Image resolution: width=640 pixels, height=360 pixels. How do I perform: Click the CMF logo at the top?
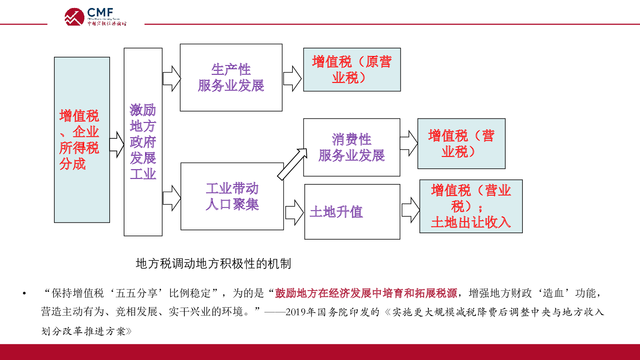(x=96, y=17)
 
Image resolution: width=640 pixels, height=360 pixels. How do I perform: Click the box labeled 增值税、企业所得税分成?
(x=82, y=140)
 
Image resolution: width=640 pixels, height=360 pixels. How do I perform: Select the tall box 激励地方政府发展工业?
(x=143, y=142)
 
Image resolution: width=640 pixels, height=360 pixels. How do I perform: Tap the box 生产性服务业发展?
(x=231, y=78)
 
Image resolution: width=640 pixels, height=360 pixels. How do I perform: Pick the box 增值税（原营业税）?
(x=352, y=70)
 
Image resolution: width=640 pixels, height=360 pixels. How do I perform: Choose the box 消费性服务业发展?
(x=352, y=148)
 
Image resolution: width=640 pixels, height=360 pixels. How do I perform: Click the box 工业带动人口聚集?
(x=232, y=196)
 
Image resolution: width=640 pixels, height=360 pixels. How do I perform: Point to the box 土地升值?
(x=352, y=212)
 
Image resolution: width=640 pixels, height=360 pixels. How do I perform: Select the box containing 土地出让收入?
(x=471, y=206)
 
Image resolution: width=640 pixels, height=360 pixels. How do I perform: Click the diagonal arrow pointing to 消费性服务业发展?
(x=292, y=164)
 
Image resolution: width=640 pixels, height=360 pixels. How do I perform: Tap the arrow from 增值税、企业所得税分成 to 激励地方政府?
(x=117, y=144)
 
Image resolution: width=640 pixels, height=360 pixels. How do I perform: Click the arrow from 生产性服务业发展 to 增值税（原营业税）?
(x=292, y=78)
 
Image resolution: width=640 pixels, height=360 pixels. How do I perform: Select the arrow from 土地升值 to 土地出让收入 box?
(x=410, y=210)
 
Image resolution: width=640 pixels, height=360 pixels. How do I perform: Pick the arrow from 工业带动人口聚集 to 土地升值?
(x=294, y=212)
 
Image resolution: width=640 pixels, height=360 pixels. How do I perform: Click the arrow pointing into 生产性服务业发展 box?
(x=172, y=78)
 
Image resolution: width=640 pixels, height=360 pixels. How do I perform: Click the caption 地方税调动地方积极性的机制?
(x=214, y=264)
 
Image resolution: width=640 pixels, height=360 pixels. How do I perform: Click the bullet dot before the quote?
(x=24, y=294)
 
